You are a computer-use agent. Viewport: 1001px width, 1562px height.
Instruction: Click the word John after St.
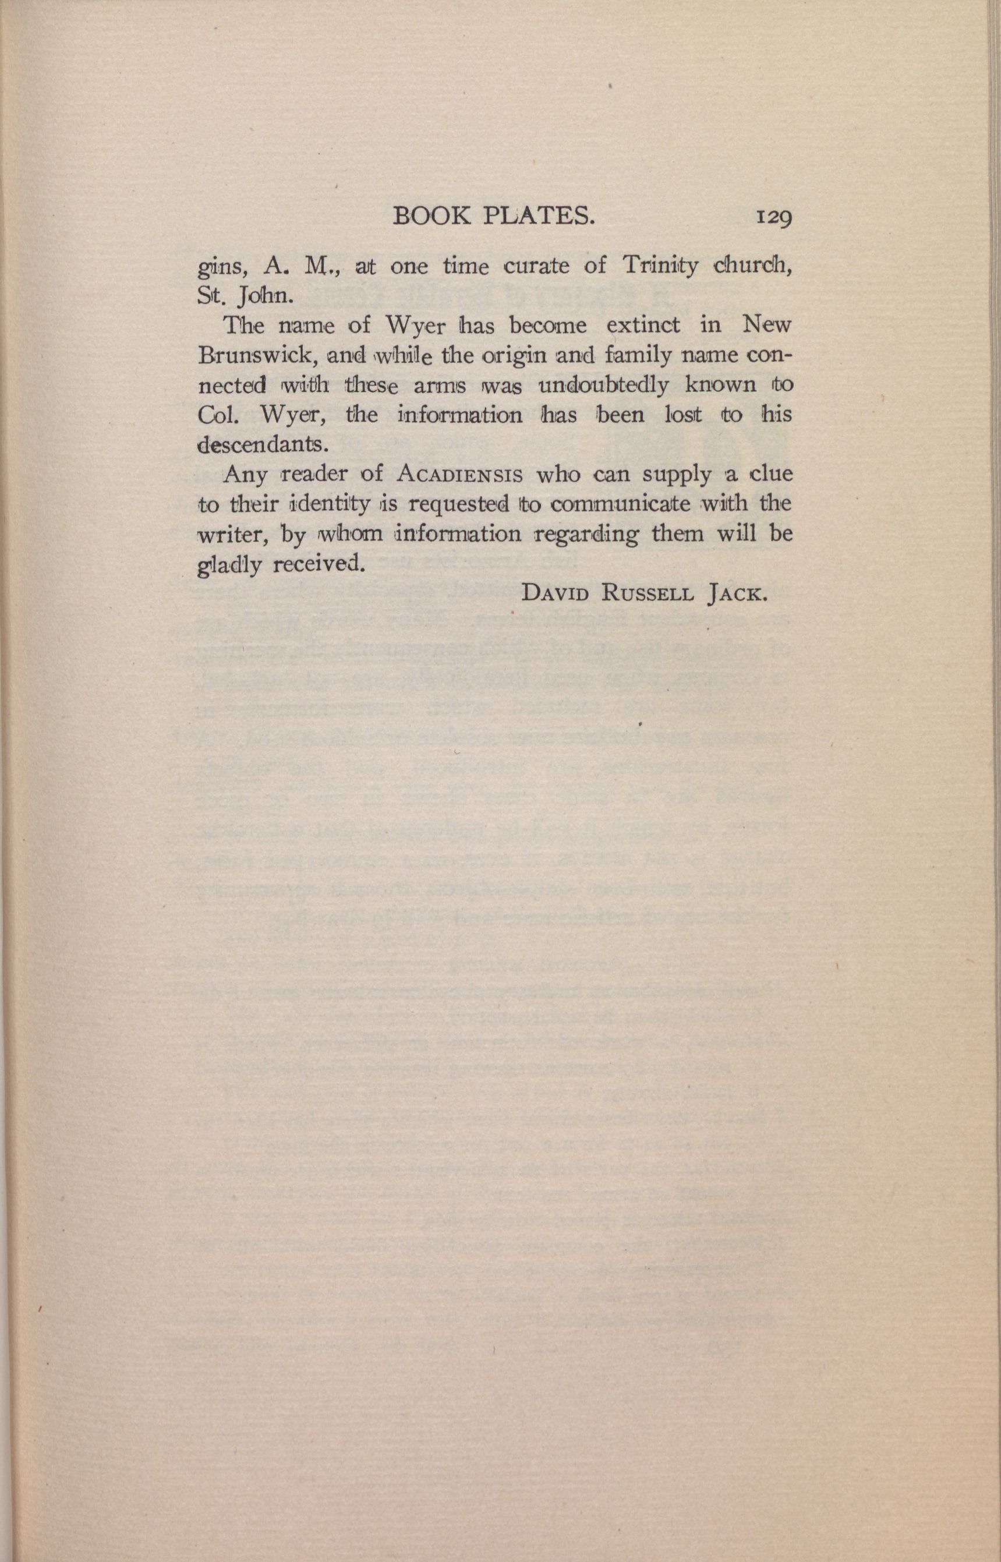pyautogui.click(x=268, y=296)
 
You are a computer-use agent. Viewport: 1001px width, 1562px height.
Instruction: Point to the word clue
pyautogui.click(x=772, y=474)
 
